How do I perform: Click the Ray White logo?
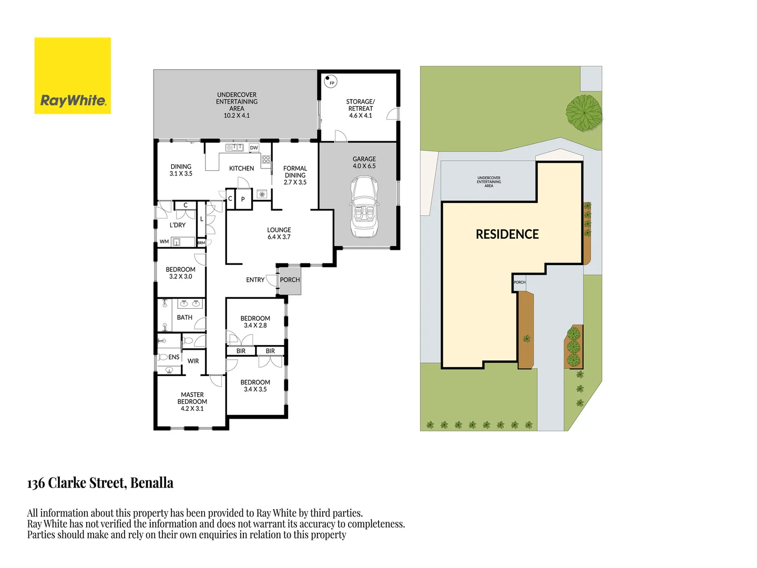pos(73,76)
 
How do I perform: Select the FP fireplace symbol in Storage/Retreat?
pos(331,82)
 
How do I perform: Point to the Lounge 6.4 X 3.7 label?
pos(279,234)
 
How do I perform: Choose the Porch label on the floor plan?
pos(290,280)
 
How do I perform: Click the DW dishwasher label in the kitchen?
pos(254,148)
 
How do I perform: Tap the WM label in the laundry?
pos(164,242)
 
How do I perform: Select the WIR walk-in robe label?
pos(193,361)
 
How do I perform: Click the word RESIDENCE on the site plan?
pos(507,235)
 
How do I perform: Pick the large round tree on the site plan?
pos(584,113)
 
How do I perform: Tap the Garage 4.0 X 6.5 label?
pos(364,163)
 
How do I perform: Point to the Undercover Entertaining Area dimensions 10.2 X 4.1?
pos(237,116)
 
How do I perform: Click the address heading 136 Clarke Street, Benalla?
pos(100,483)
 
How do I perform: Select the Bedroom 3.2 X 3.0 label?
pos(180,273)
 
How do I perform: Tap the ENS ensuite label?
pos(173,357)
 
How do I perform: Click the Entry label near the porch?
pos(255,280)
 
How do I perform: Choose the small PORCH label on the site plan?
pos(519,282)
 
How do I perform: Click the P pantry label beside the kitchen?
pos(243,199)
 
